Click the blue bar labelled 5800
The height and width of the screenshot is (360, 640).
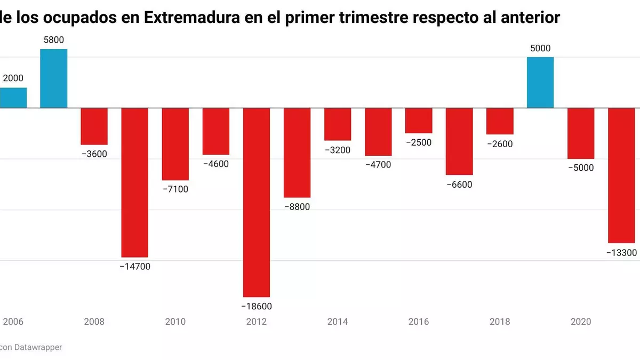tap(54, 78)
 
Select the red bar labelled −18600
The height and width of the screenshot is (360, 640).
tap(257, 202)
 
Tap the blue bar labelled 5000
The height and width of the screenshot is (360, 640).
tap(540, 82)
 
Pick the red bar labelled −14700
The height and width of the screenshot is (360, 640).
tap(135, 182)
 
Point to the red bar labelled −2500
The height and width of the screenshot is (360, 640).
tap(419, 121)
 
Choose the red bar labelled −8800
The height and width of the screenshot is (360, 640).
tap(297, 153)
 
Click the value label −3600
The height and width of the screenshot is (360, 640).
tap(94, 155)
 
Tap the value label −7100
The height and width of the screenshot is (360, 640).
tap(175, 189)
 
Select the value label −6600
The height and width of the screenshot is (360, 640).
tap(459, 185)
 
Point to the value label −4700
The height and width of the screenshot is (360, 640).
tap(378, 165)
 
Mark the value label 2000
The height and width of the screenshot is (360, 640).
tap(13, 78)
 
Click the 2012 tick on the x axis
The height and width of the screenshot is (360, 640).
tap(257, 322)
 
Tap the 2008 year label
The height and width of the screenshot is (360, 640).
tap(94, 322)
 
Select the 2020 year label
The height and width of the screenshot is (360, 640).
tap(581, 322)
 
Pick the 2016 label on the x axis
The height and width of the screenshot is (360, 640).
tap(419, 322)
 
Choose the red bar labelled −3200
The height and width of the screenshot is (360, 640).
tap(338, 124)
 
